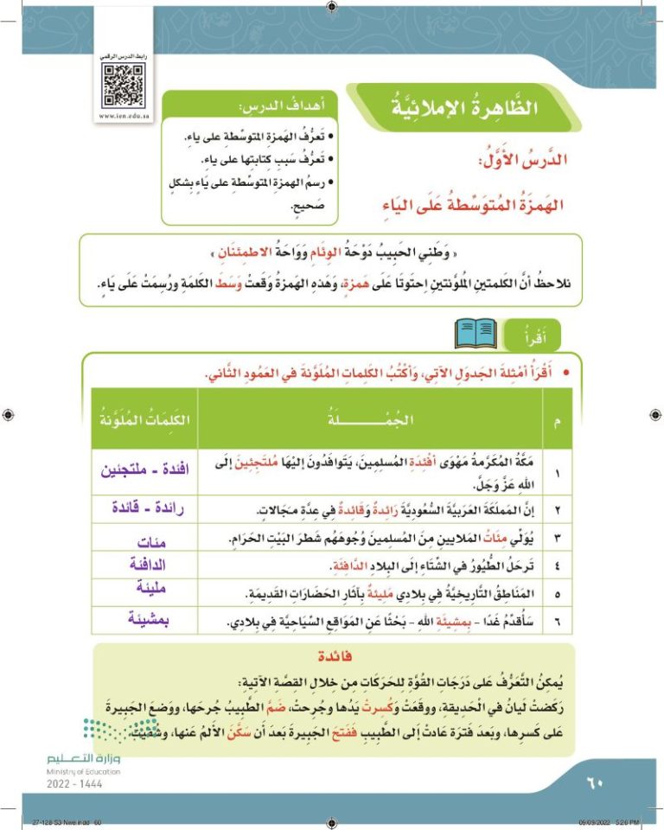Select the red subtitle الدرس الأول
tap(527, 163)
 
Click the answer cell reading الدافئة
tap(144, 566)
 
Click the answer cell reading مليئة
tap(144, 594)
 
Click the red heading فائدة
tap(332, 656)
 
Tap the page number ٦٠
tap(594, 784)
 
